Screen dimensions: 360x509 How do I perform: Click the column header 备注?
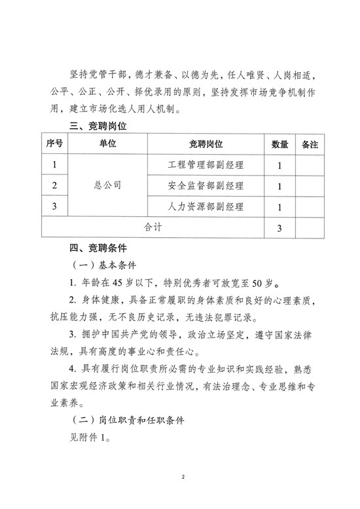pyautogui.click(x=309, y=144)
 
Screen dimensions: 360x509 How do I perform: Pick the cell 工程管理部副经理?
pyautogui.click(x=206, y=164)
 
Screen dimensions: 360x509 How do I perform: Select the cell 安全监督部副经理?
pyautogui.click(x=206, y=186)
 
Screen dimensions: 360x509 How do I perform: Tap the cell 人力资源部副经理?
pyautogui.click(x=206, y=207)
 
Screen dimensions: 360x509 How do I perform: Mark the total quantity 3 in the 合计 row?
pyautogui.click(x=279, y=228)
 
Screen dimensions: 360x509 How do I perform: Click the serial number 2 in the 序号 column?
pyautogui.click(x=55, y=186)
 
